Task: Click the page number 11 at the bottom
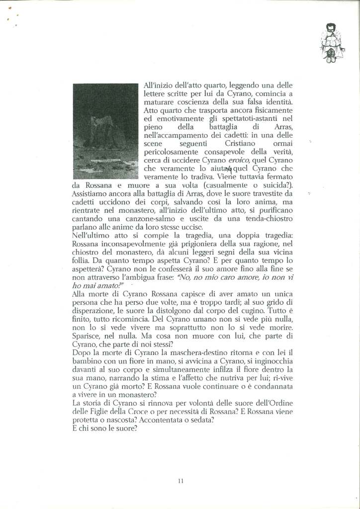pyautogui.click(x=180, y=481)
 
